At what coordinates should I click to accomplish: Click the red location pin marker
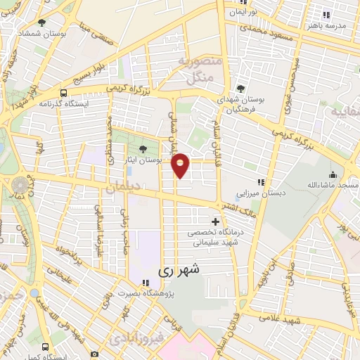pyautogui.click(x=181, y=165)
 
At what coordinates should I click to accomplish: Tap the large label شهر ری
pyautogui.click(x=179, y=269)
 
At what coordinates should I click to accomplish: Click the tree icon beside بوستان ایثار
pyautogui.click(x=144, y=148)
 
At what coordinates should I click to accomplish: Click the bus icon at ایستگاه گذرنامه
pyautogui.click(x=64, y=93)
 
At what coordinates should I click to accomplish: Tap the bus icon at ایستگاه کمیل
pyautogui.click(x=46, y=347)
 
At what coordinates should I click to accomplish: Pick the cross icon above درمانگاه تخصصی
pyautogui.click(x=215, y=222)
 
